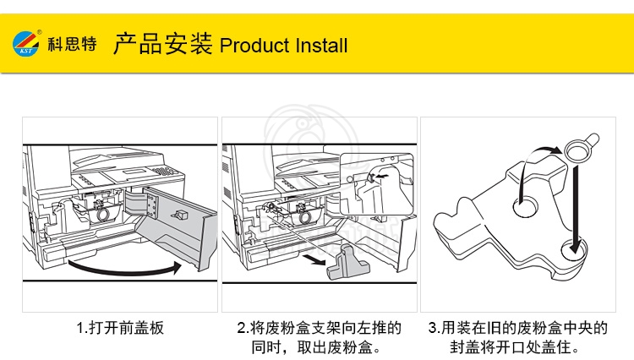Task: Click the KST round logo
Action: pyautogui.click(x=26, y=44)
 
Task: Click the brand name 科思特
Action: pyautogui.click(x=73, y=44)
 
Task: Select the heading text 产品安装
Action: pyautogui.click(x=162, y=44)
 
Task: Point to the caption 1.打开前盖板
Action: pyautogui.click(x=120, y=327)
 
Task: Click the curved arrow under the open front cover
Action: pyautogui.click(x=124, y=269)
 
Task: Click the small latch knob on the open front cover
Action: pyautogui.click(x=178, y=214)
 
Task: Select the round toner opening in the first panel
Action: pyautogui.click(x=102, y=214)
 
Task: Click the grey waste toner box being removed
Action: pyautogui.click(x=348, y=262)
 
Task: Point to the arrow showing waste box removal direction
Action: pyautogui.click(x=314, y=259)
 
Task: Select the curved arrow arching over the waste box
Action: pyautogui.click(x=533, y=166)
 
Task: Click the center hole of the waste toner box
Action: pyautogui.click(x=526, y=207)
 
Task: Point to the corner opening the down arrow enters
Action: pyautogui.click(x=574, y=249)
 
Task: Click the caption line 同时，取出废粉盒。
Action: pyautogui.click(x=316, y=347)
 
